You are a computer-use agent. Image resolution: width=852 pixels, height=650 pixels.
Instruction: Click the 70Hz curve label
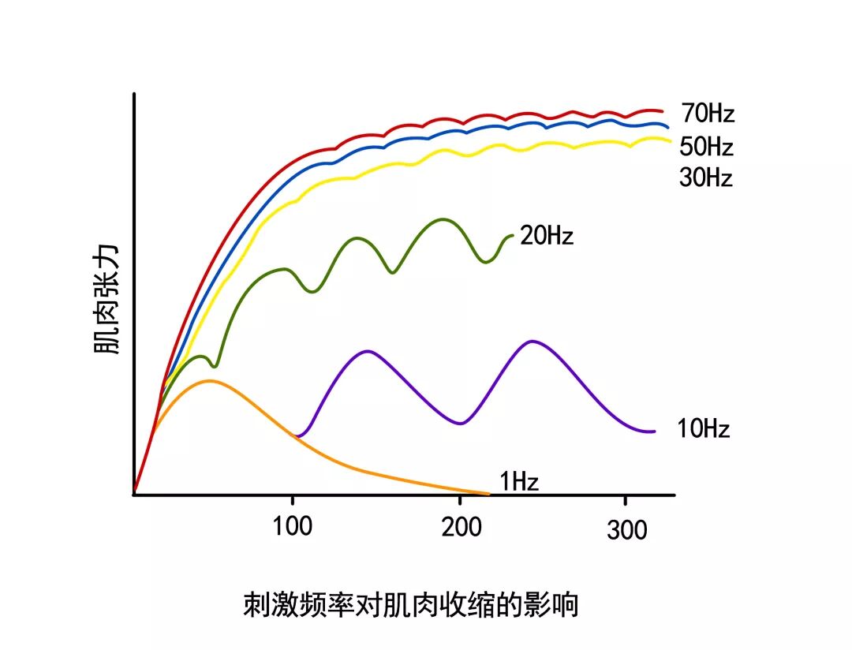pyautogui.click(x=708, y=114)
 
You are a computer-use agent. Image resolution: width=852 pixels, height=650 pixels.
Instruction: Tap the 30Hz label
pyautogui.click(x=706, y=177)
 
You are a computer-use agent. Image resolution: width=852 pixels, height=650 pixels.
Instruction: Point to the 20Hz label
pyautogui.click(x=547, y=235)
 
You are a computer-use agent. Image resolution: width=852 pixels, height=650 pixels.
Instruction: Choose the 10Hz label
pyautogui.click(x=704, y=429)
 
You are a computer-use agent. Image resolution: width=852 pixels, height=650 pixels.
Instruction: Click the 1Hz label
pyautogui.click(x=519, y=480)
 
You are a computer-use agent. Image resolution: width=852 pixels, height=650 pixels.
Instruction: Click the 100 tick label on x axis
pyautogui.click(x=293, y=526)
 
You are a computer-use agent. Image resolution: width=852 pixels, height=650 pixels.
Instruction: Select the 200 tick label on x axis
pyautogui.click(x=461, y=526)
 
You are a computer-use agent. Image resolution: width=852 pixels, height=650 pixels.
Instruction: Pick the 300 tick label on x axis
pyautogui.click(x=627, y=529)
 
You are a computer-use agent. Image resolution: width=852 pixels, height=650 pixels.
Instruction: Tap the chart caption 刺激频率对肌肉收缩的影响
pyautogui.click(x=410, y=605)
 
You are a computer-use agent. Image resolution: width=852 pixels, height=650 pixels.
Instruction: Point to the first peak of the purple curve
pyautogui.click(x=367, y=350)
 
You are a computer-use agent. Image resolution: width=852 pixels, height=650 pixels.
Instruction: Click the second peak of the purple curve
pyautogui.click(x=533, y=341)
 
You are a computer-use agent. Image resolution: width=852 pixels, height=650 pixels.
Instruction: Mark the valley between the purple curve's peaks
pyautogui.click(x=459, y=424)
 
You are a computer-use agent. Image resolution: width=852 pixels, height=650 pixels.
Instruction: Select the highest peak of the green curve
pyautogui.click(x=442, y=219)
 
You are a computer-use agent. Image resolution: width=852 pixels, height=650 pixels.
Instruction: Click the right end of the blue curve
pyautogui.click(x=668, y=126)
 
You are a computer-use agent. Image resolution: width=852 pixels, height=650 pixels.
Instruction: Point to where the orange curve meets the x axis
pyautogui.click(x=489, y=494)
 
